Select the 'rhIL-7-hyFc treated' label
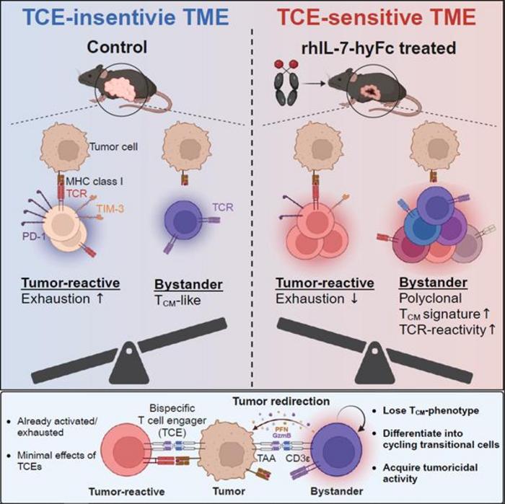click(x=377, y=49)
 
